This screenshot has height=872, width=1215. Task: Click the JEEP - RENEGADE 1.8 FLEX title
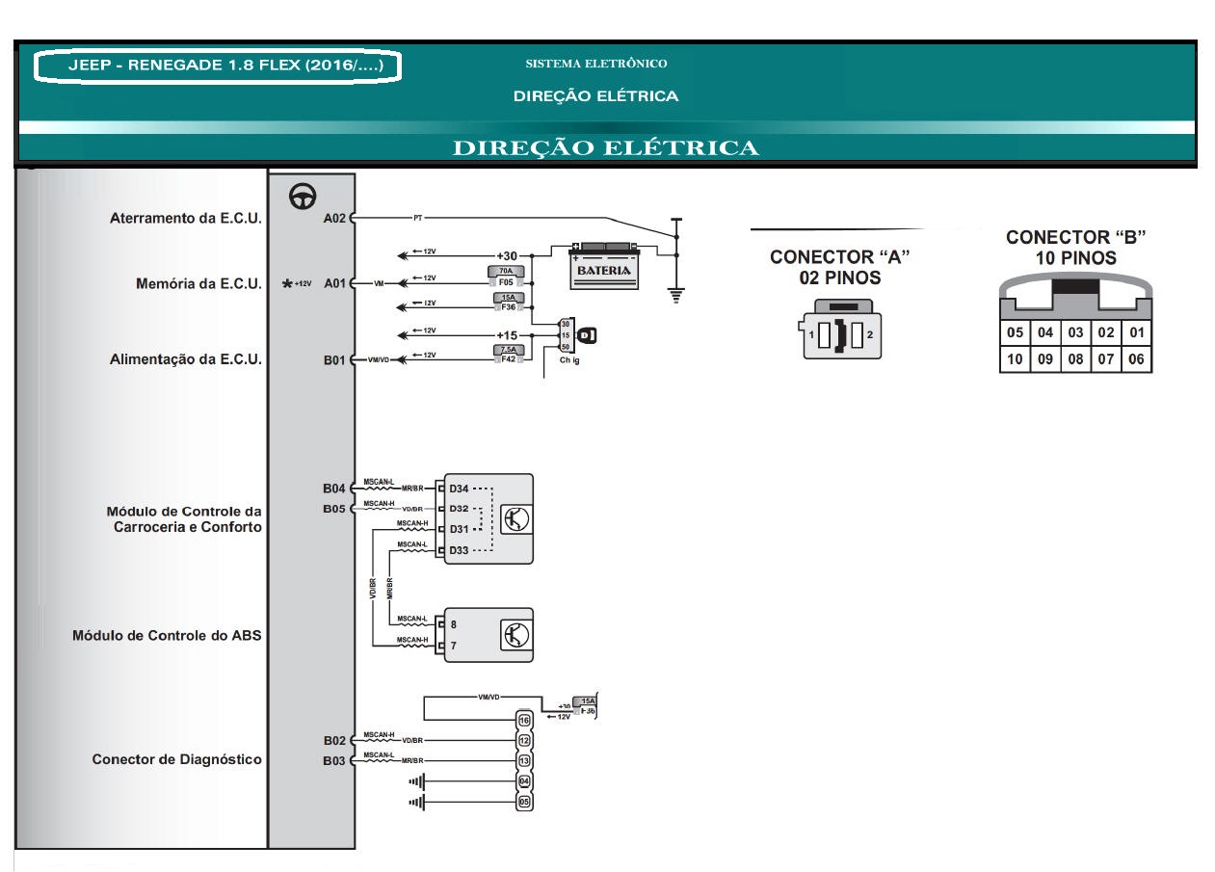point(218,66)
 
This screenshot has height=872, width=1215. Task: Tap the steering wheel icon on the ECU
point(304,197)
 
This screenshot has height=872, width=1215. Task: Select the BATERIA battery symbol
point(604,266)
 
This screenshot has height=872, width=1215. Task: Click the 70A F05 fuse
point(507,277)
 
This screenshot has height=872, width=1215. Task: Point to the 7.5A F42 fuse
point(507,354)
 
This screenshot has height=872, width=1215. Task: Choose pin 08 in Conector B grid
point(1075,359)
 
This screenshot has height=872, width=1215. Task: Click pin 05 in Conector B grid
point(1015,332)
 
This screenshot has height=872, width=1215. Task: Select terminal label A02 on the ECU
point(334,218)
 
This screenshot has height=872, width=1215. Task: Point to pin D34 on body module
point(459,489)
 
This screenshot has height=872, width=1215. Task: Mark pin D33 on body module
point(459,550)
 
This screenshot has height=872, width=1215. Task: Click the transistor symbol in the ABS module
point(515,635)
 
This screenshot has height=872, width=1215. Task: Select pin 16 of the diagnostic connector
point(524,720)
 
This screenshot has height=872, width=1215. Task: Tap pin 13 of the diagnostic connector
point(524,760)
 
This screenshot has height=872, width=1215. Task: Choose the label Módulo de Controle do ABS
point(167,636)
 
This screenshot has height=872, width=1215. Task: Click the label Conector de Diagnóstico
point(176,759)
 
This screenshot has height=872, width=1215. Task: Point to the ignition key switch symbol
point(586,335)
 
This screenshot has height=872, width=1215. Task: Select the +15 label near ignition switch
point(507,334)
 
